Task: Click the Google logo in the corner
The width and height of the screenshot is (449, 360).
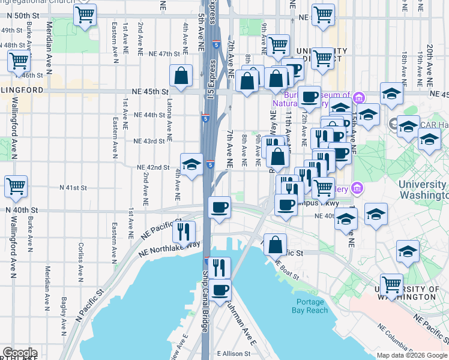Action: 20,353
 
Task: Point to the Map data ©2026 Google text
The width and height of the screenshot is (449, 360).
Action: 411,355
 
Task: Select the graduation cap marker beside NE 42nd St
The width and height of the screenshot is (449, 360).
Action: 191,164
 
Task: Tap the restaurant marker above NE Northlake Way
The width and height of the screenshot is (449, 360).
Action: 184,230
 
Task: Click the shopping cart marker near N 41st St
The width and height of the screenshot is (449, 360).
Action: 16,187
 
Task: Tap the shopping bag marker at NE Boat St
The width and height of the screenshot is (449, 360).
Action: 275,244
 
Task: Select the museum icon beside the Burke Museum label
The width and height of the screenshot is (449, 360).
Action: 359,97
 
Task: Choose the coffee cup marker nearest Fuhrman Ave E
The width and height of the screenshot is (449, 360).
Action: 220,290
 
